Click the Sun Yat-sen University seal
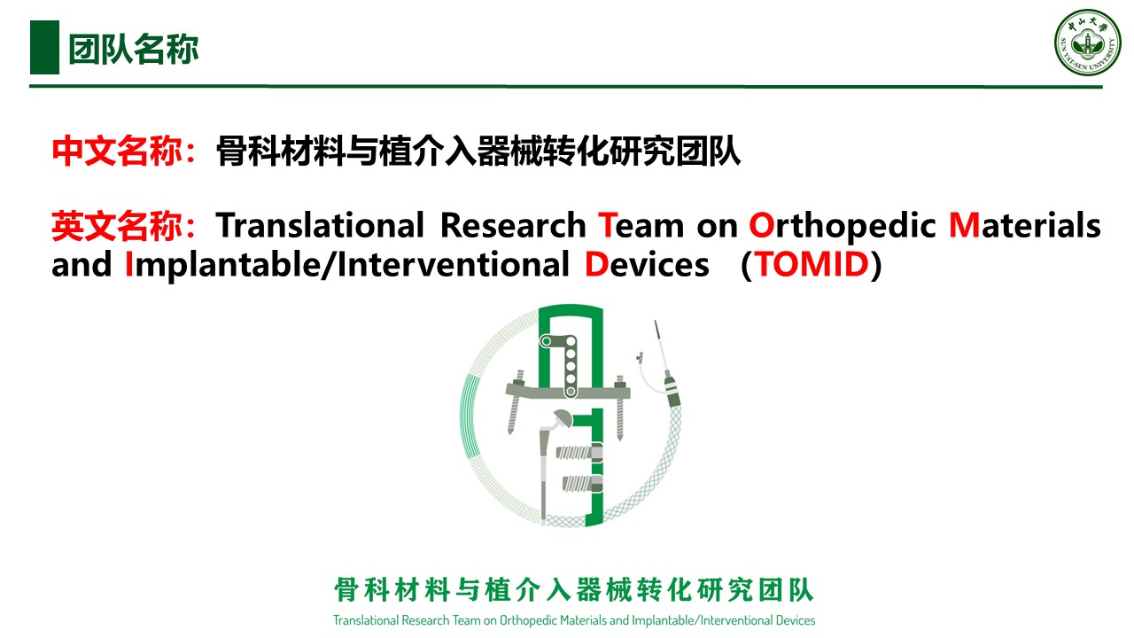click(x=1087, y=43)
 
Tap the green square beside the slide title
click(x=44, y=48)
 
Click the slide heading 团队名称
click(x=134, y=49)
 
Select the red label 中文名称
click(x=117, y=151)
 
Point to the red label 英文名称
click(x=117, y=226)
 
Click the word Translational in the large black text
click(x=320, y=225)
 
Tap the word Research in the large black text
click(x=513, y=225)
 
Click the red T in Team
click(x=608, y=225)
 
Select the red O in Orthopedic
click(x=761, y=225)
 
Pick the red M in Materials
click(x=965, y=225)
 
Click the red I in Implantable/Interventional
click(x=129, y=264)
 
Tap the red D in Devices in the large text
click(x=596, y=264)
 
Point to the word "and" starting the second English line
click(x=82, y=264)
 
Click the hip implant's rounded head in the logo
click(x=562, y=418)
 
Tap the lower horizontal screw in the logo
click(x=582, y=484)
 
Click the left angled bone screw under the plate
click(x=515, y=402)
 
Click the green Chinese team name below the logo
click(x=573, y=590)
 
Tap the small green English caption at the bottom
click(x=574, y=620)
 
